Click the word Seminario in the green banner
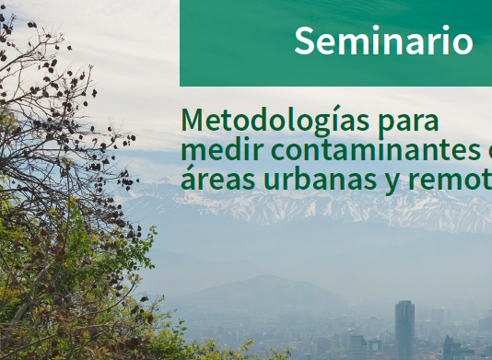click(x=383, y=41)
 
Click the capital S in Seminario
click(x=305, y=41)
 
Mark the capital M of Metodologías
click(x=194, y=121)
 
